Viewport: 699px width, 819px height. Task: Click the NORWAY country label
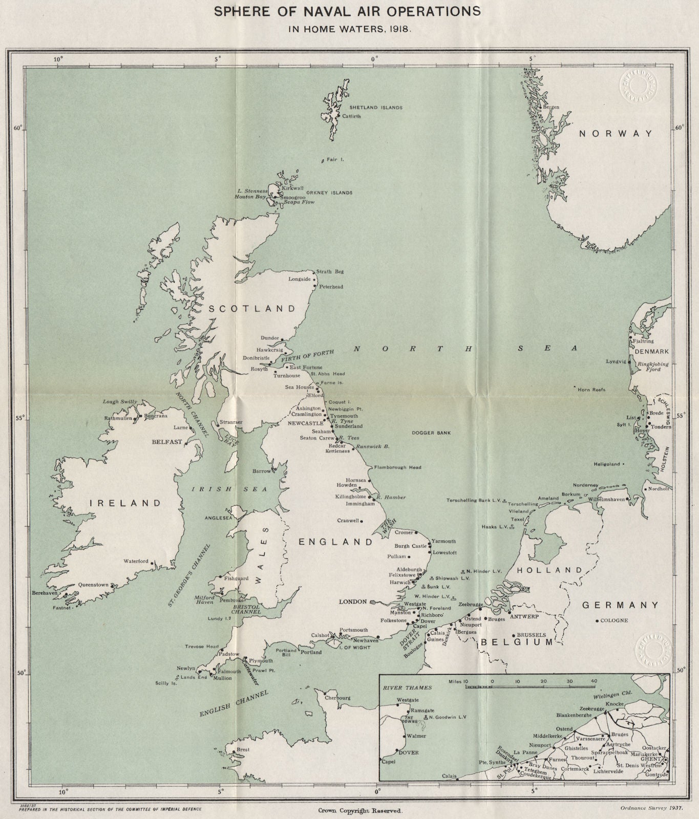click(616, 134)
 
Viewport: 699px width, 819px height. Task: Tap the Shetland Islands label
click(375, 108)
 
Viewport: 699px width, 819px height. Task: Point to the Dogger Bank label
click(431, 433)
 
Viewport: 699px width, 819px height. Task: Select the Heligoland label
click(606, 464)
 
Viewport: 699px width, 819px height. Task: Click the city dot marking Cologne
click(597, 621)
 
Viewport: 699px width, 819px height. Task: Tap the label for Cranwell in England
click(348, 521)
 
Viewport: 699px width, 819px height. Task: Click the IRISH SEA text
click(229, 489)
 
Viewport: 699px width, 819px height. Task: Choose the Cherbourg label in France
click(337, 698)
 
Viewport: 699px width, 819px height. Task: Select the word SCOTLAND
click(252, 309)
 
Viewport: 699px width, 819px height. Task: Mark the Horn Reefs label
click(591, 390)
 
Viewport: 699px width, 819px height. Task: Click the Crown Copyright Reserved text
click(361, 811)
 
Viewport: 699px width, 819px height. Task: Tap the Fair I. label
click(335, 160)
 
